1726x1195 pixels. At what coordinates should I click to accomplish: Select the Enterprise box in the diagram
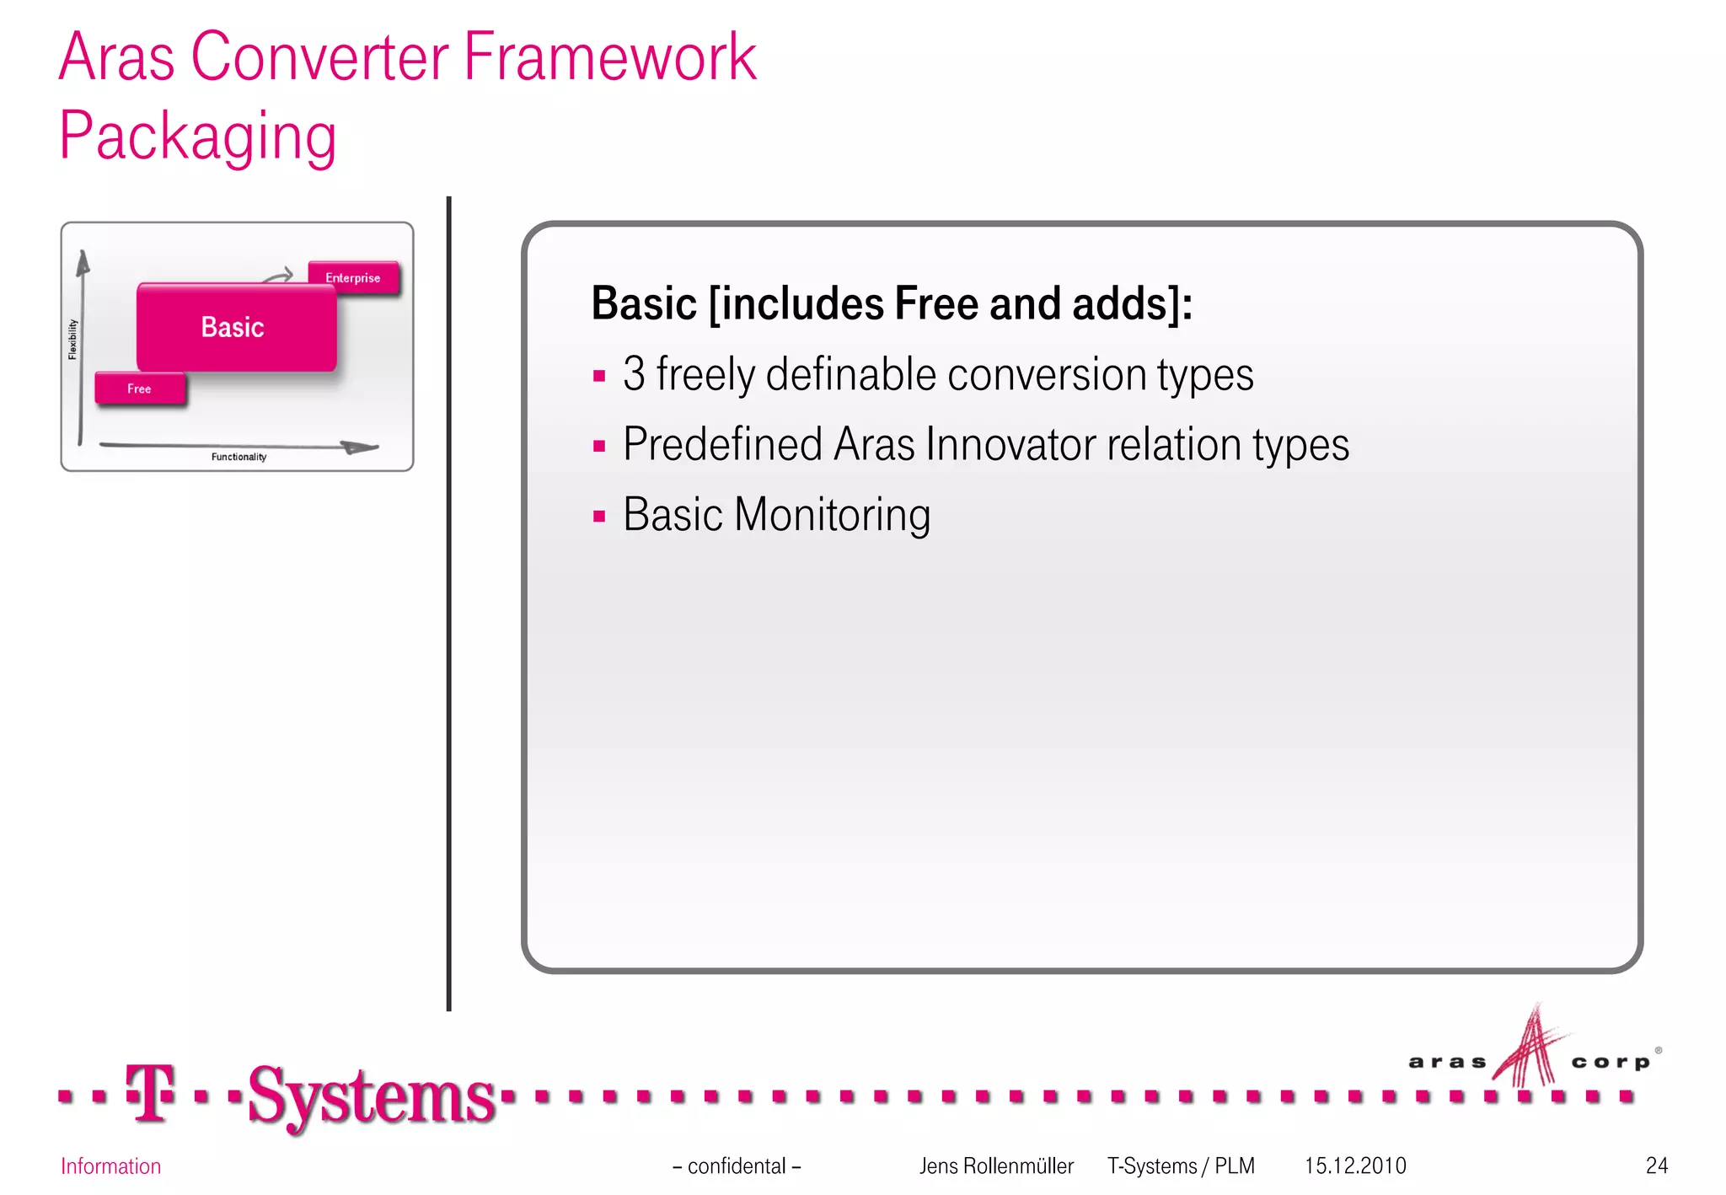pos(353,278)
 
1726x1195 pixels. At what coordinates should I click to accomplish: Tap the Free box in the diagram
pos(140,389)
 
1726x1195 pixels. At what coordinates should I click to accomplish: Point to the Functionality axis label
pos(239,457)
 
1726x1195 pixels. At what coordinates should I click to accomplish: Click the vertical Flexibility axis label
pos(72,339)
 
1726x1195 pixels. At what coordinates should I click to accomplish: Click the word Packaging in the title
pos(198,136)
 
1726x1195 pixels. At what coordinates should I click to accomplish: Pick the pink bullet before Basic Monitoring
pos(599,516)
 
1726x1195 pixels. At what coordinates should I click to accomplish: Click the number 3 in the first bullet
pos(634,374)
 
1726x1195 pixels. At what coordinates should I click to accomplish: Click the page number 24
pos(1656,1166)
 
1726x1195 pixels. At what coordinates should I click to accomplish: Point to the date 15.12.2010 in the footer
pos(1355,1166)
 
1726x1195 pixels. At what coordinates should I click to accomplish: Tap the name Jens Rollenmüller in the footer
pos(996,1166)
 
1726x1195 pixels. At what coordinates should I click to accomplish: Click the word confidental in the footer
pos(737,1166)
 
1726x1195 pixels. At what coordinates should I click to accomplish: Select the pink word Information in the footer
pos(110,1166)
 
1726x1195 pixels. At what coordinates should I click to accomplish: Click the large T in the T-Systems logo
pos(150,1093)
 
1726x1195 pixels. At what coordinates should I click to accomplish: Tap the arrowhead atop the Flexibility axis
pos(83,262)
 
